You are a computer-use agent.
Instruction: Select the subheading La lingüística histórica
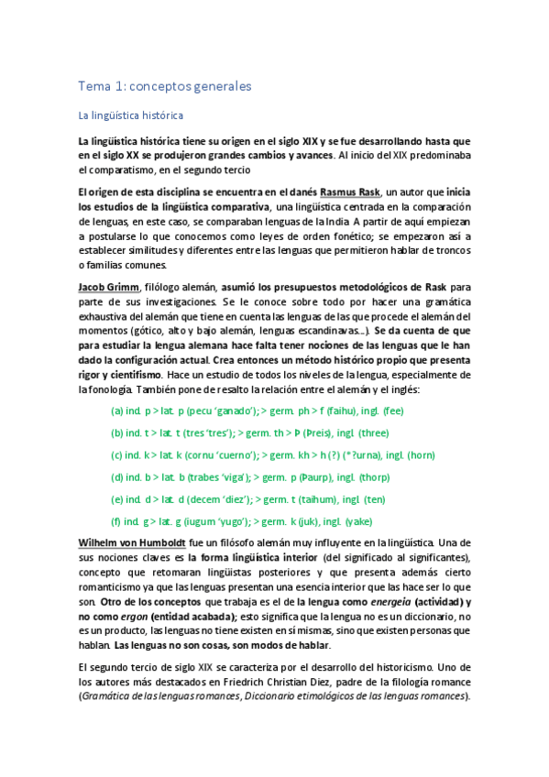coord(131,116)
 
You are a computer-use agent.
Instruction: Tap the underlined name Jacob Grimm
coord(108,287)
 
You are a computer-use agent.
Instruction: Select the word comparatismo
coord(149,170)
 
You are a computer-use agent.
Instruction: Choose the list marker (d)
coord(118,476)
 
